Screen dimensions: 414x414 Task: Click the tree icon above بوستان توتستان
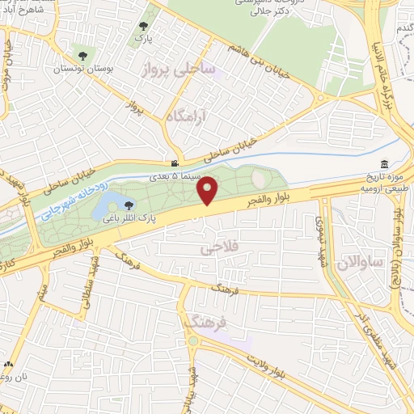pos(82,56)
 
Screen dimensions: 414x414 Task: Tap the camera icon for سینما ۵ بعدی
pos(175,163)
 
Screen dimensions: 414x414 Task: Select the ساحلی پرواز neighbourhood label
pos(178,69)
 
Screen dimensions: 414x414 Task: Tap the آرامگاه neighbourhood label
pos(185,118)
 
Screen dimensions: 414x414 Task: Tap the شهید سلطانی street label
pos(86,288)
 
